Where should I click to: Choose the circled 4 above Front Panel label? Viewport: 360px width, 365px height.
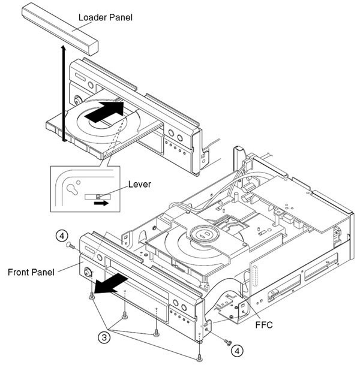(x=61, y=236)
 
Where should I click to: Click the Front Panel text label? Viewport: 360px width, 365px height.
(x=32, y=272)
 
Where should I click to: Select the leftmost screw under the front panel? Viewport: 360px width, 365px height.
(x=91, y=295)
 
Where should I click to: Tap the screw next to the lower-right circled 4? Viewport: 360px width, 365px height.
(x=227, y=342)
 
